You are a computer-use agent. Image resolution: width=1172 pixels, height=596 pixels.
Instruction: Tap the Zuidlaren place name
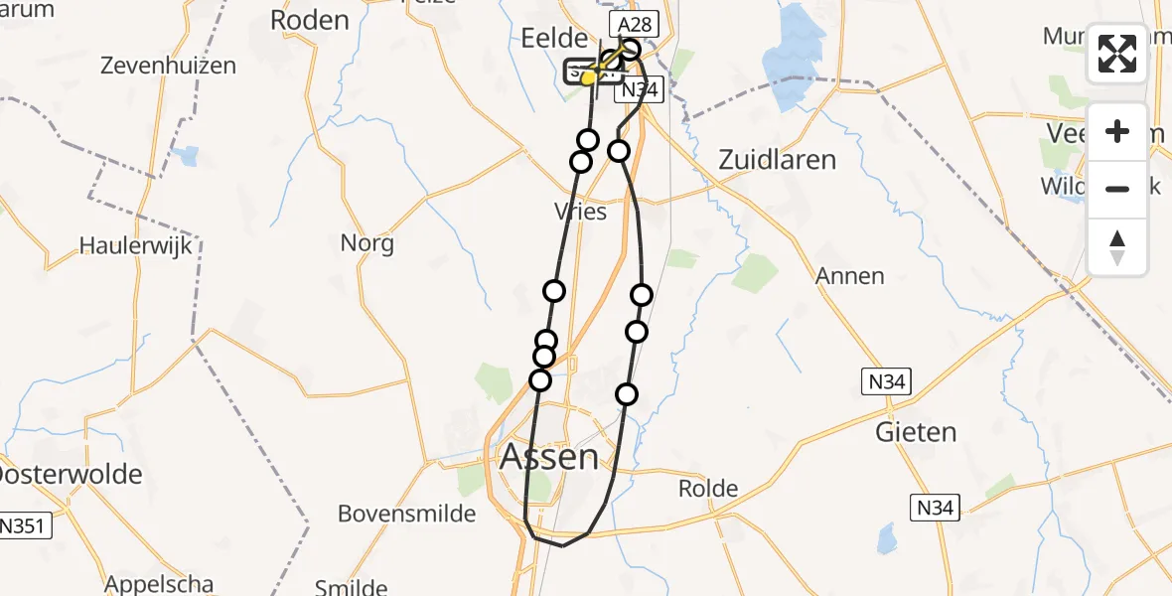(777, 160)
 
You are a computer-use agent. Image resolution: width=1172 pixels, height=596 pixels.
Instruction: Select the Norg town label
(366, 242)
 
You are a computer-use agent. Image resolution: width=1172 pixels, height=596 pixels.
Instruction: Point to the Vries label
(581, 212)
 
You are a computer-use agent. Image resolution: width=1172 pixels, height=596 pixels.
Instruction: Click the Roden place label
(310, 20)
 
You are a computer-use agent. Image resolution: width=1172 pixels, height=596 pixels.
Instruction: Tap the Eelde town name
(554, 39)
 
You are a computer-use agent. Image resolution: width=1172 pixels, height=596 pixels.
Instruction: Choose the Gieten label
(915, 432)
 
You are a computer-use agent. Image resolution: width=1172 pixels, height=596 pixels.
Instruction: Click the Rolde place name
(708, 488)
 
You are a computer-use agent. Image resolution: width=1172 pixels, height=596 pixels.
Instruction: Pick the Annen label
(849, 276)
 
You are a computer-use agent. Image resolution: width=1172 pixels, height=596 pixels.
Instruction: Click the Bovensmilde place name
(407, 514)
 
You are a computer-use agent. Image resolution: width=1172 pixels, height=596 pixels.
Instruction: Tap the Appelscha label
(160, 583)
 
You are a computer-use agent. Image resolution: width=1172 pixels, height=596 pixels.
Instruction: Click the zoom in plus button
(1117, 131)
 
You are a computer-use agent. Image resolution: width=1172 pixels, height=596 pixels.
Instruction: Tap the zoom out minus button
(1117, 189)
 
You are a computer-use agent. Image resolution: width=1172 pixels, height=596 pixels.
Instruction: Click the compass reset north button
(1117, 247)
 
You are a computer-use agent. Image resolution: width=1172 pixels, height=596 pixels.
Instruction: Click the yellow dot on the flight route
(588, 77)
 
